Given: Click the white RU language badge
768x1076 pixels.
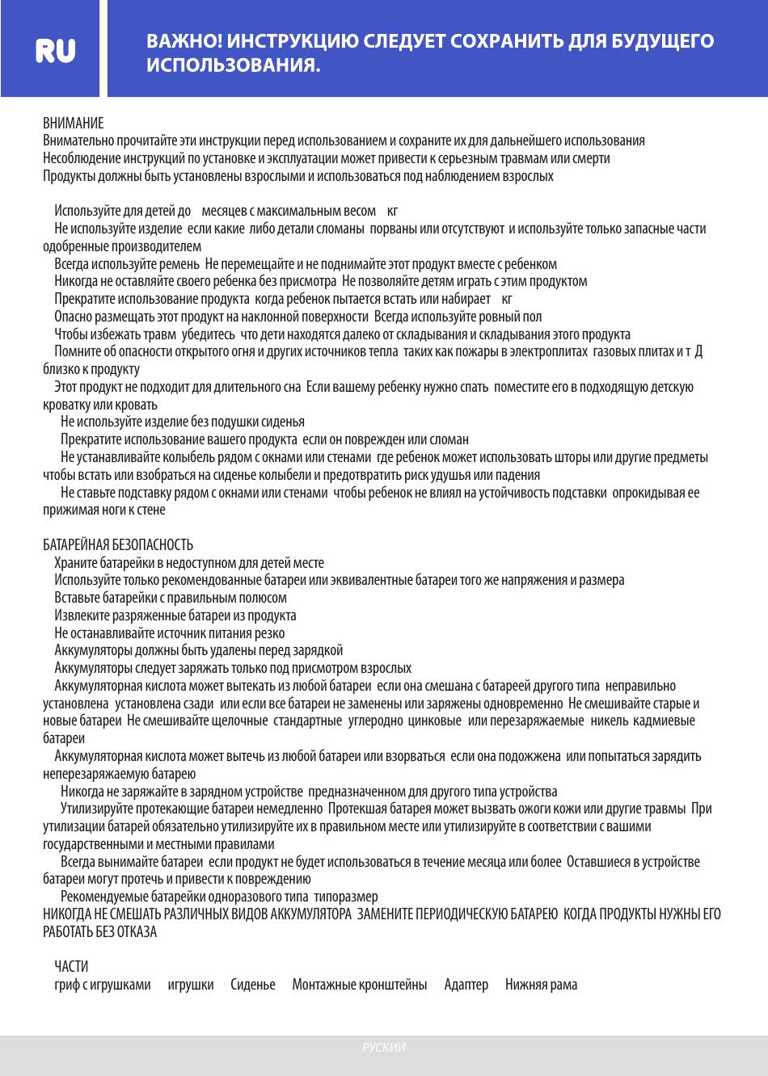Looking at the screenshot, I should coord(56,51).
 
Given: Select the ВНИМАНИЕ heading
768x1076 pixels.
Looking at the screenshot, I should coord(73,123).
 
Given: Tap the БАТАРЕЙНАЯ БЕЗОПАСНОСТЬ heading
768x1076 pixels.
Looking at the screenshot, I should coord(118,545).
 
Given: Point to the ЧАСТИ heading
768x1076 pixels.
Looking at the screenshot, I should coord(71,966).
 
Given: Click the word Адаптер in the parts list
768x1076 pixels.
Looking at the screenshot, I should coord(466,985).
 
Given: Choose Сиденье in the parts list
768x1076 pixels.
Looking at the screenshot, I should coord(253,985).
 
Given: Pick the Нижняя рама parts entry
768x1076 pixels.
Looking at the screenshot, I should coord(541,985).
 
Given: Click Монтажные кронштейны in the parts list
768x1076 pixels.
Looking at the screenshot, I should coord(360,985).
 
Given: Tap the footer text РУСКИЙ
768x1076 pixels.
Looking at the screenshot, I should coord(384,1048).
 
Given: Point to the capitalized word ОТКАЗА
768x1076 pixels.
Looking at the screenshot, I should coord(136,932).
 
